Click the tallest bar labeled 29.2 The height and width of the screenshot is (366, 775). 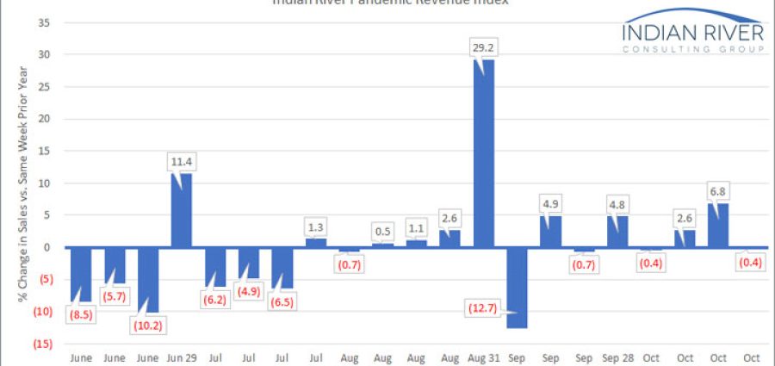pyautogui.click(x=484, y=153)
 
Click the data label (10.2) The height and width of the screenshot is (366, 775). pyautogui.click(x=147, y=326)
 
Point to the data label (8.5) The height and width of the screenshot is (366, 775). pyautogui.click(x=80, y=315)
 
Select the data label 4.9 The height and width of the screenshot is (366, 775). pyautogui.click(x=551, y=206)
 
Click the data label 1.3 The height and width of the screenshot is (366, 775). pyautogui.click(x=315, y=227)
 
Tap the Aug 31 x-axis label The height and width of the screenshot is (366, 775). pyautogui.click(x=484, y=357)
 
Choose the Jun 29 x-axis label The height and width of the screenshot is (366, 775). pyautogui.click(x=182, y=357)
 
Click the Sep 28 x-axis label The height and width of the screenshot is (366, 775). pyautogui.click(x=618, y=357)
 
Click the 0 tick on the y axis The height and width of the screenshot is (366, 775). pyautogui.click(x=47, y=248)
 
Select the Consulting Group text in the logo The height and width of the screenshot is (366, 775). pyautogui.click(x=693, y=50)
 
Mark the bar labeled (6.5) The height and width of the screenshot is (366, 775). pyautogui.click(x=282, y=268)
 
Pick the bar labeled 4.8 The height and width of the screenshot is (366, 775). pyautogui.click(x=618, y=232)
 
